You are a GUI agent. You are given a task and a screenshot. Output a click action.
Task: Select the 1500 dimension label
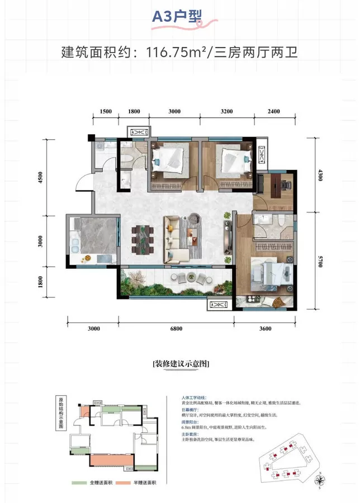pos(106,112)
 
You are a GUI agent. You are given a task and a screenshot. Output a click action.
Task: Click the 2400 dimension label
pos(273,112)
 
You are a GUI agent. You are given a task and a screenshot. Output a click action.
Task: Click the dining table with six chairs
pos(143,237)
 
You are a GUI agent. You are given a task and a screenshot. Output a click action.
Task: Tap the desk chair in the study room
pos(286,183)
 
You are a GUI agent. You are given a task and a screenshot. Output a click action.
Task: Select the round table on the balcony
pos(193,276)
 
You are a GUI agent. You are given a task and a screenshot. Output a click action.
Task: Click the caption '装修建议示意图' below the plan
pos(180,363)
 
